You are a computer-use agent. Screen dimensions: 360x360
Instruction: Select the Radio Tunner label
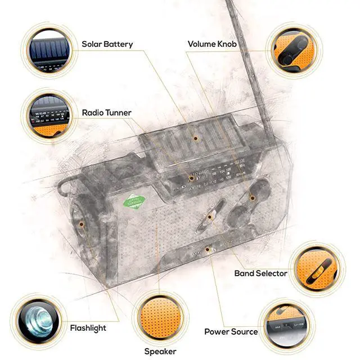coord(106,112)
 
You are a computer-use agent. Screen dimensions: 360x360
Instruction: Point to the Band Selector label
coord(260,273)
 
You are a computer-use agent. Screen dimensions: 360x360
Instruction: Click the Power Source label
coord(231,331)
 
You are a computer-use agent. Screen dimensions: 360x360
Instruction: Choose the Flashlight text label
coord(88,327)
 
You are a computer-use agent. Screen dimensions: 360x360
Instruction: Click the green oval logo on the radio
coord(135,202)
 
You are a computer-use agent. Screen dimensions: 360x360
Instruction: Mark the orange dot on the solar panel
coord(196,137)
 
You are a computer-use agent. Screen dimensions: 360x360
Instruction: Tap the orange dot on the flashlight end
coord(81,224)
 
